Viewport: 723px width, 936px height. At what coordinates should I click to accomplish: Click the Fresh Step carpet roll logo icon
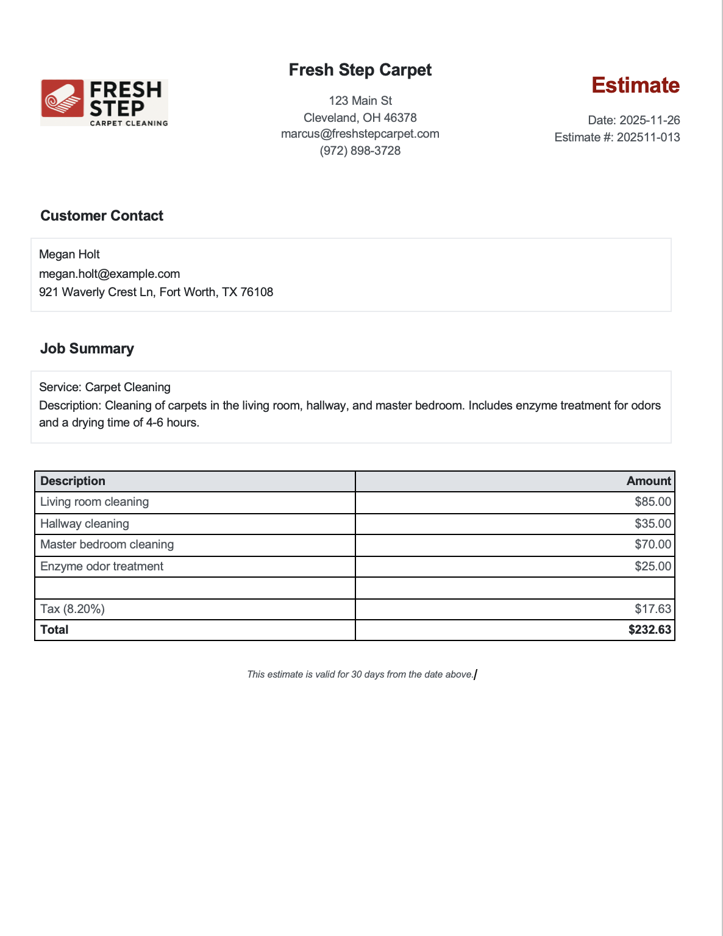coord(62,98)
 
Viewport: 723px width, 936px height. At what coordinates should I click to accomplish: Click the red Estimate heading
coord(635,85)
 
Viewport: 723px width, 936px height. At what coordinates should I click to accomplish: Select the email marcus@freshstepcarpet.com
coord(360,134)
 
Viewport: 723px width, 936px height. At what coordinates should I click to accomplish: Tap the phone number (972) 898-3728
coord(360,151)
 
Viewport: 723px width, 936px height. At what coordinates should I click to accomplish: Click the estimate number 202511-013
coord(648,137)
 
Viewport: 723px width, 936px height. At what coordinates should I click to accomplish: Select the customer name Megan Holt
coord(69,255)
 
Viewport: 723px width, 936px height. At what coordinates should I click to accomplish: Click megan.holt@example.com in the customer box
coord(110,274)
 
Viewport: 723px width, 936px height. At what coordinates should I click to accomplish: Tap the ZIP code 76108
coord(257,292)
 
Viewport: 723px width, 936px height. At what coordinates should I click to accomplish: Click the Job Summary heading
coord(87,349)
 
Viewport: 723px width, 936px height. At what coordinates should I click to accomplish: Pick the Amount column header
coord(649,481)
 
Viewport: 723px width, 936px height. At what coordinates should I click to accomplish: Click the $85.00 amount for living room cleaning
coord(652,502)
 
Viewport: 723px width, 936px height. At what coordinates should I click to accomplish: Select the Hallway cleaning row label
coord(85,523)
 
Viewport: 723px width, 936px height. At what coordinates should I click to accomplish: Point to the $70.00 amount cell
coord(652,545)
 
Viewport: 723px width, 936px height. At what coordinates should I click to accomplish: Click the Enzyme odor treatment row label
coord(102,566)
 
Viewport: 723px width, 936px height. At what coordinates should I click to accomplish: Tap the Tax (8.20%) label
coord(73,609)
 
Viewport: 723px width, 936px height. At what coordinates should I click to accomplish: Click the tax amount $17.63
coord(652,609)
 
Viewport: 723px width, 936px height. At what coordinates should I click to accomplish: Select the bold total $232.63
coord(649,630)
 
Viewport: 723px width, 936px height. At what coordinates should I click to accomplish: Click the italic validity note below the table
coord(360,674)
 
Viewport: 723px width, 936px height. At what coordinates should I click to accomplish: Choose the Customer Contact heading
coord(102,216)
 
